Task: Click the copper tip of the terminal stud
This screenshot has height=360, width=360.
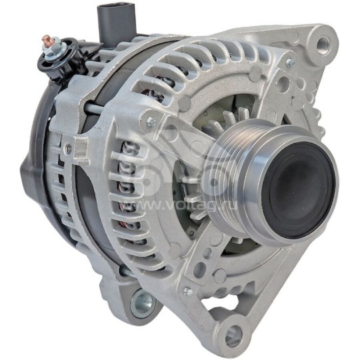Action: click(x=47, y=39)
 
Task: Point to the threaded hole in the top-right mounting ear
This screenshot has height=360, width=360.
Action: click(x=324, y=43)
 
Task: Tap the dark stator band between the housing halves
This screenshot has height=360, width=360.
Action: click(x=87, y=200)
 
